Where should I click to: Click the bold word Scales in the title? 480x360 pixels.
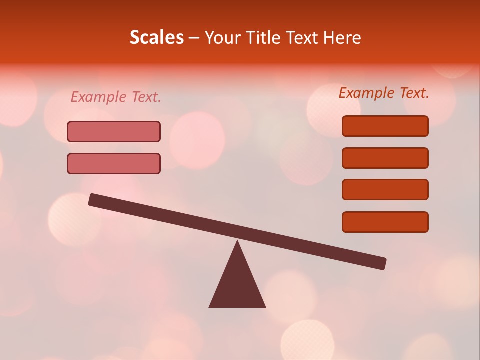156,37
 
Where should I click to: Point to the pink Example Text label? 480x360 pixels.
116,97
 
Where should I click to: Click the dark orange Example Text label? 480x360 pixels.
384,93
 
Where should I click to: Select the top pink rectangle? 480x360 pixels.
114,131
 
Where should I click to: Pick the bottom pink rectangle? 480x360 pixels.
114,163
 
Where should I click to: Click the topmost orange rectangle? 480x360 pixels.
385,126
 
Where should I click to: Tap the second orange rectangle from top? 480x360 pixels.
385,158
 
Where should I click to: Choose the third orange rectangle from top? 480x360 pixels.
385,189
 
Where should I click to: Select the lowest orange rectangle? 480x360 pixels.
385,222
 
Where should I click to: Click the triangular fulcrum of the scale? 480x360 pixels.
237,285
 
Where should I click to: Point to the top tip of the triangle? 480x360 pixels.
237,242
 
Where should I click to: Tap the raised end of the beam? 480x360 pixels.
93,199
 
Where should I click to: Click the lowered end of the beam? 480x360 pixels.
382,263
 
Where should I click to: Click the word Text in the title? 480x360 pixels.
302,37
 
